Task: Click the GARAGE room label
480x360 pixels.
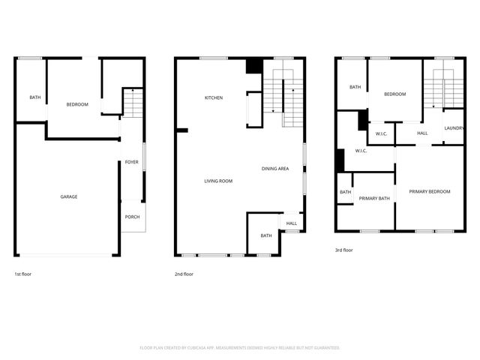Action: click(69, 196)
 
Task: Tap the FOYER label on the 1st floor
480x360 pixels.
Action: click(131, 162)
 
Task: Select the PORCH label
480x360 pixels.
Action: click(131, 217)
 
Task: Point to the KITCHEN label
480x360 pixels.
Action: click(214, 97)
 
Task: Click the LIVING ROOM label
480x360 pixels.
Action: click(219, 181)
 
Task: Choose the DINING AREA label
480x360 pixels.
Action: click(275, 169)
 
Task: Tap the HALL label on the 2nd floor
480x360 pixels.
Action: click(291, 223)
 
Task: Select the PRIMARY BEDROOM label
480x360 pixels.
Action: click(430, 192)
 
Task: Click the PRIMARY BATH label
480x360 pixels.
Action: click(373, 199)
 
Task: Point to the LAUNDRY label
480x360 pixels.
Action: click(454, 128)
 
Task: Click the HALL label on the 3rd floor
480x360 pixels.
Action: click(422, 133)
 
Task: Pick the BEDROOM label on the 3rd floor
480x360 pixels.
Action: click(394, 94)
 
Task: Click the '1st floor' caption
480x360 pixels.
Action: click(23, 274)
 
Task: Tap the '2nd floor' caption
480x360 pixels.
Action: click(184, 274)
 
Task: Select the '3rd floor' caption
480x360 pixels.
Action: click(343, 250)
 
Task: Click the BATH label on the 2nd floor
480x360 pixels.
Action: click(266, 236)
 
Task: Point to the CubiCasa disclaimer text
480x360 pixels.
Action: click(240, 348)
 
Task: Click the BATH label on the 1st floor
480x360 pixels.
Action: click(34, 97)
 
